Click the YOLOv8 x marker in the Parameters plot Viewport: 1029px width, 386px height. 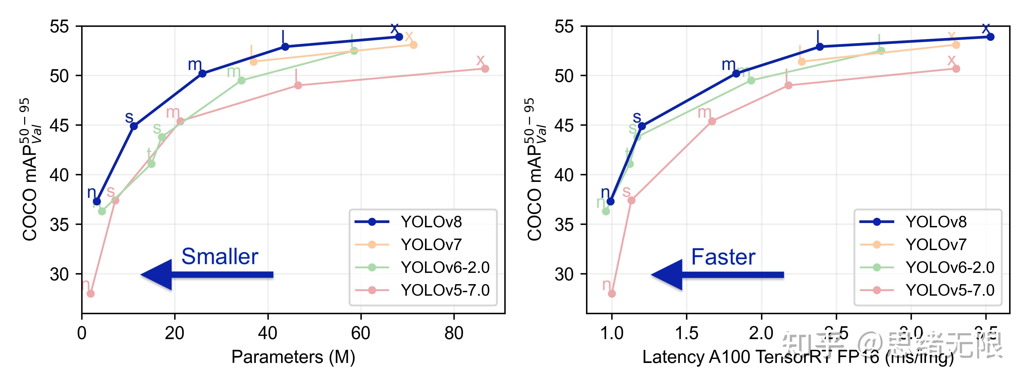click(399, 37)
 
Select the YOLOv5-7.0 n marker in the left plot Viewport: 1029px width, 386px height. click(91, 294)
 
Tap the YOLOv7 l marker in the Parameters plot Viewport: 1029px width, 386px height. click(253, 62)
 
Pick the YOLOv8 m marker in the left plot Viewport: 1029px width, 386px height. click(203, 73)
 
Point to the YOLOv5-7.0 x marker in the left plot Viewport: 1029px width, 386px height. click(485, 69)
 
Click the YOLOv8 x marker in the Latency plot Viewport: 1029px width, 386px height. click(990, 37)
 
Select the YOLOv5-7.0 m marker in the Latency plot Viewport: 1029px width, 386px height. click(712, 121)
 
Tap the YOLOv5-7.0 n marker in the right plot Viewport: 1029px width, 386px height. click(612, 294)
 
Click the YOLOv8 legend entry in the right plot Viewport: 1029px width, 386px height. click(936, 222)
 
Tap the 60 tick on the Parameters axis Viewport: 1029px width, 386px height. click(360, 333)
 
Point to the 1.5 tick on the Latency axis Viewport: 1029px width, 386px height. click(686, 333)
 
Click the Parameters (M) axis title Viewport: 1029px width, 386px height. click(293, 357)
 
